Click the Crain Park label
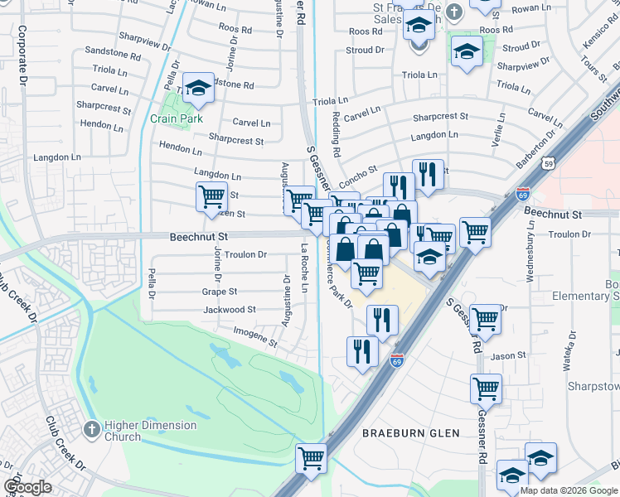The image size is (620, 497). coord(177,118)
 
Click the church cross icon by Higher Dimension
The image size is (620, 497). coord(93,430)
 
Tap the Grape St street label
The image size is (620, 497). coord(220,292)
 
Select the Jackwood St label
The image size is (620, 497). coord(230,310)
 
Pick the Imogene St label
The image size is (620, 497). coord(255,337)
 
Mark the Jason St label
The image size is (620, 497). coord(509,356)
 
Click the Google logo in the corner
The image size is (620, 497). coord(27,487)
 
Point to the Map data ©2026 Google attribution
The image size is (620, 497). coord(569,490)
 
